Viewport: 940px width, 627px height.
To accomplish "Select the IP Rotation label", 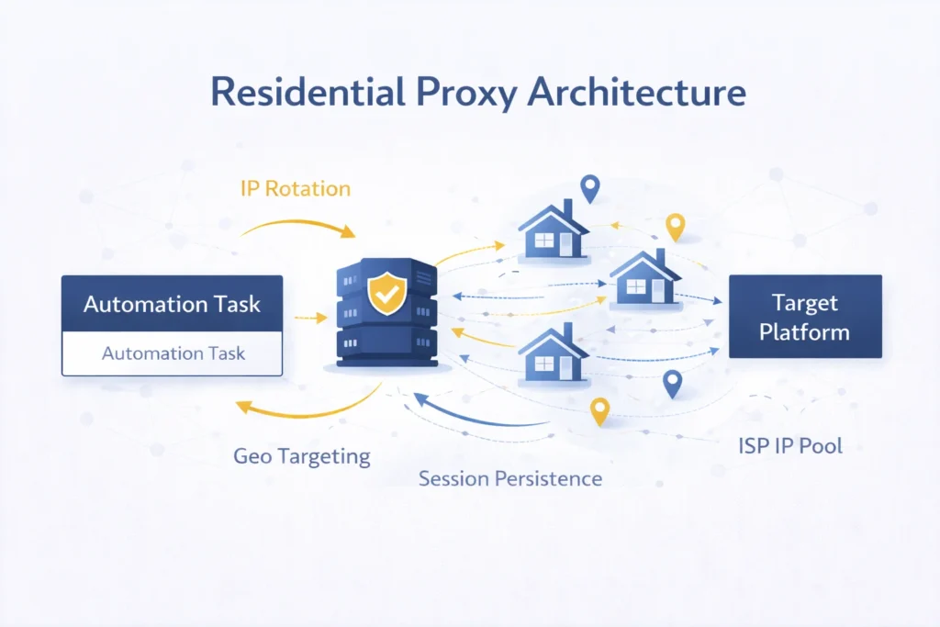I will (295, 189).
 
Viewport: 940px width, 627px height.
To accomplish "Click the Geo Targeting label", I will (301, 455).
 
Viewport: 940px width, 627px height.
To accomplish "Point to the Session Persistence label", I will (510, 478).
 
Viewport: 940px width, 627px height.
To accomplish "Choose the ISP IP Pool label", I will (790, 447).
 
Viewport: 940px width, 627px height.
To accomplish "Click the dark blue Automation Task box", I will (172, 303).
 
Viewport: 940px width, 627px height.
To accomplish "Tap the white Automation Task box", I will (172, 353).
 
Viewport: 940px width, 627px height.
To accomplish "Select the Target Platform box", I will (805, 317).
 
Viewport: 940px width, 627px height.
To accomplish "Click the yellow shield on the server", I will (384, 293).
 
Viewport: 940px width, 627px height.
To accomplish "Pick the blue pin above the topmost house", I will (589, 187).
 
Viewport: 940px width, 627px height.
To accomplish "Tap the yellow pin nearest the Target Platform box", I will (676, 226).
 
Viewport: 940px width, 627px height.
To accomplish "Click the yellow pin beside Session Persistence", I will (599, 411).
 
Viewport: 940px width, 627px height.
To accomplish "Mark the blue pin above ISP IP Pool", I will (673, 383).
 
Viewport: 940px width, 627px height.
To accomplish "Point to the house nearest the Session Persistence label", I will (553, 353).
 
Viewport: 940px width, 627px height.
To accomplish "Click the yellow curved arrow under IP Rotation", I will (302, 224).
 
